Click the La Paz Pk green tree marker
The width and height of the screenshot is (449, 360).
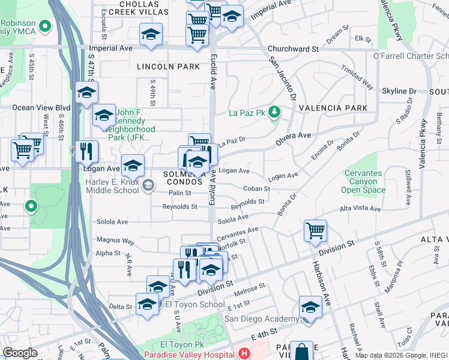click(x=274, y=112)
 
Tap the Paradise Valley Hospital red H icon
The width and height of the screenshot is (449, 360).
click(x=243, y=354)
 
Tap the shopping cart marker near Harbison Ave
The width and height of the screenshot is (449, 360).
click(x=315, y=230)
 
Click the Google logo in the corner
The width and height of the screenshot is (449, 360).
click(x=20, y=352)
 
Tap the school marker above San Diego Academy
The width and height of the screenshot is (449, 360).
click(x=310, y=307)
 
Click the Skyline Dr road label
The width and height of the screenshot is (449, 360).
click(x=399, y=91)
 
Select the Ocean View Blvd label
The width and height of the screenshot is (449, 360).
click(x=41, y=108)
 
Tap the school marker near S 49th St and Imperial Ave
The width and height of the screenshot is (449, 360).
click(x=151, y=35)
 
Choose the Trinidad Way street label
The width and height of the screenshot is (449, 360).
click(x=358, y=77)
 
